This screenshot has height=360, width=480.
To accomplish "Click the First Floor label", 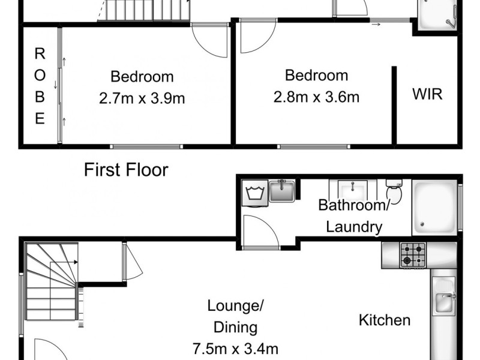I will (x=126, y=170).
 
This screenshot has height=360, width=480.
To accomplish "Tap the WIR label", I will (x=427, y=94).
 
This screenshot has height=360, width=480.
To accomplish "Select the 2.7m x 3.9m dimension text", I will (x=142, y=98).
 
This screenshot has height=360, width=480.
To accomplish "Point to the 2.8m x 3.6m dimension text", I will (x=316, y=96).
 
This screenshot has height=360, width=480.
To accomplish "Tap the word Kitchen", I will (x=385, y=320).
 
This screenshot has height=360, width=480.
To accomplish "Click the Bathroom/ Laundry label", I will (x=350, y=216).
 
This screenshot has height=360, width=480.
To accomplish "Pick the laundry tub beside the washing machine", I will (x=281, y=191).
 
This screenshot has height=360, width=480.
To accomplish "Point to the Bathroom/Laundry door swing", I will (x=262, y=232).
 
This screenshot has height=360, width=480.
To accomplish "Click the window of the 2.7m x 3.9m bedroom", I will (x=146, y=145).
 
